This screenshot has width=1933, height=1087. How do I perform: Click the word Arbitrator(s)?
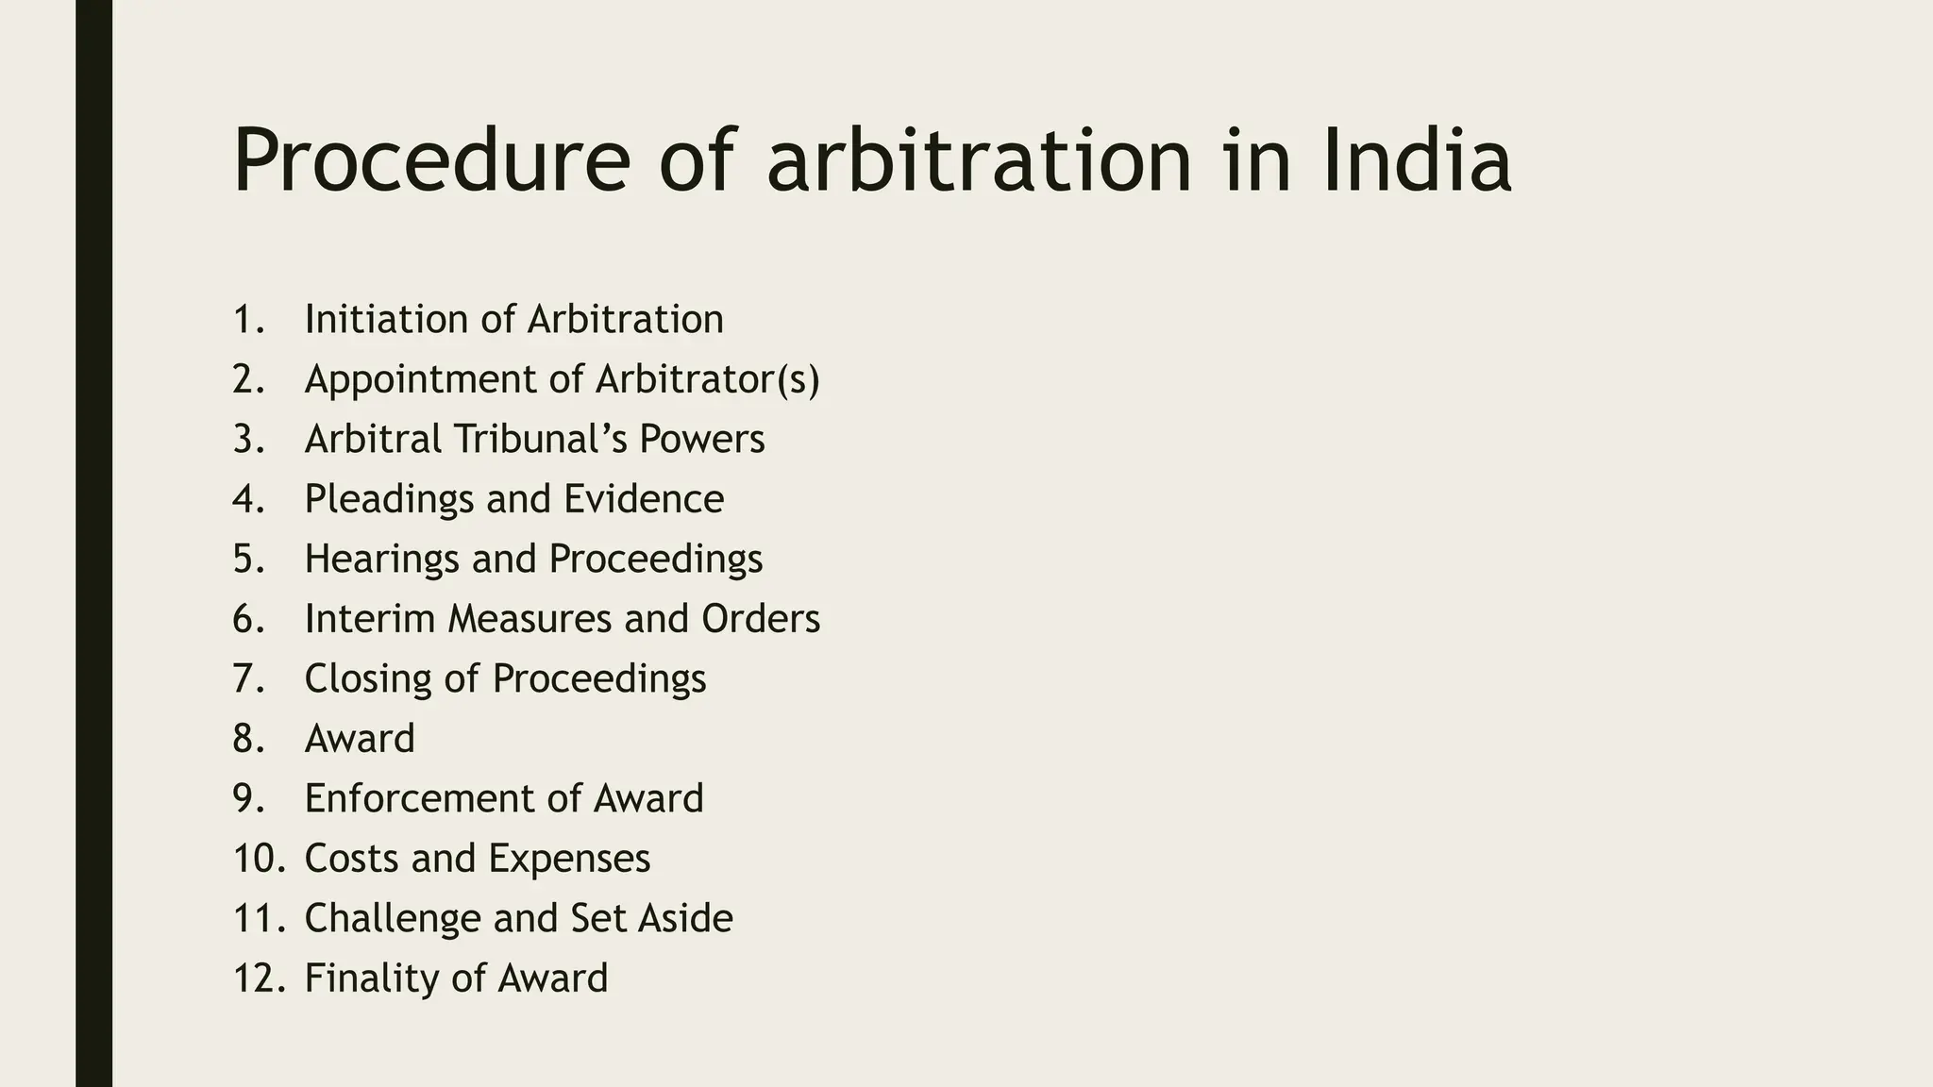[708, 379]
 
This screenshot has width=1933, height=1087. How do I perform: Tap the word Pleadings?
[389, 499]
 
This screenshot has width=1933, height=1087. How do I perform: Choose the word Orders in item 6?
[761, 619]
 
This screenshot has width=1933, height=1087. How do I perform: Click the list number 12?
[257, 978]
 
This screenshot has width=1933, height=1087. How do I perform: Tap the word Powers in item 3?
[702, 439]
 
